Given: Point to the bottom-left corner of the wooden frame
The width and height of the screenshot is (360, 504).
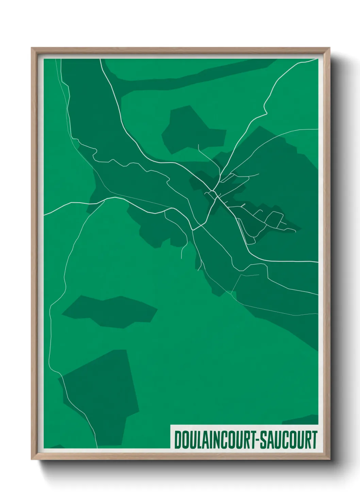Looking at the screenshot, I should [32, 459].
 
